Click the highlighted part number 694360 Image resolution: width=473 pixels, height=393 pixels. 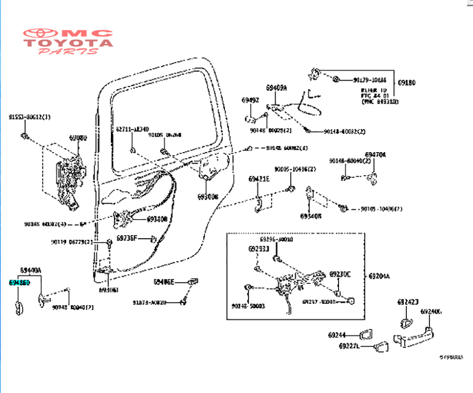[19, 282]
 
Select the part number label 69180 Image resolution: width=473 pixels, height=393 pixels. [406, 82]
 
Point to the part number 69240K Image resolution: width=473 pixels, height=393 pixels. [431, 311]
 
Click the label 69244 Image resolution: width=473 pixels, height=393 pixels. [337, 335]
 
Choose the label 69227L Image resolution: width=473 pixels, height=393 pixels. [349, 346]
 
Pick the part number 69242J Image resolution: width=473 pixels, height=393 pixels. [408, 303]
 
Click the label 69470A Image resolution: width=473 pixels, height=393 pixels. [375, 155]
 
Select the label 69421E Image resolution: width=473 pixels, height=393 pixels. [259, 179]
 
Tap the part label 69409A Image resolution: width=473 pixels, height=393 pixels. [276, 88]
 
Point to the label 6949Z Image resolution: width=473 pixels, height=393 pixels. [250, 100]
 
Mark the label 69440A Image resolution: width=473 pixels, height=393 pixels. [30, 270]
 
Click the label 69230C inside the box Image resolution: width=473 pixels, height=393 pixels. [340, 274]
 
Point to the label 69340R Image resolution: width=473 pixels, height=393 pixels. [311, 216]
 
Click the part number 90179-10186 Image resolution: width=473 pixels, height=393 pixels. [369, 80]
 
